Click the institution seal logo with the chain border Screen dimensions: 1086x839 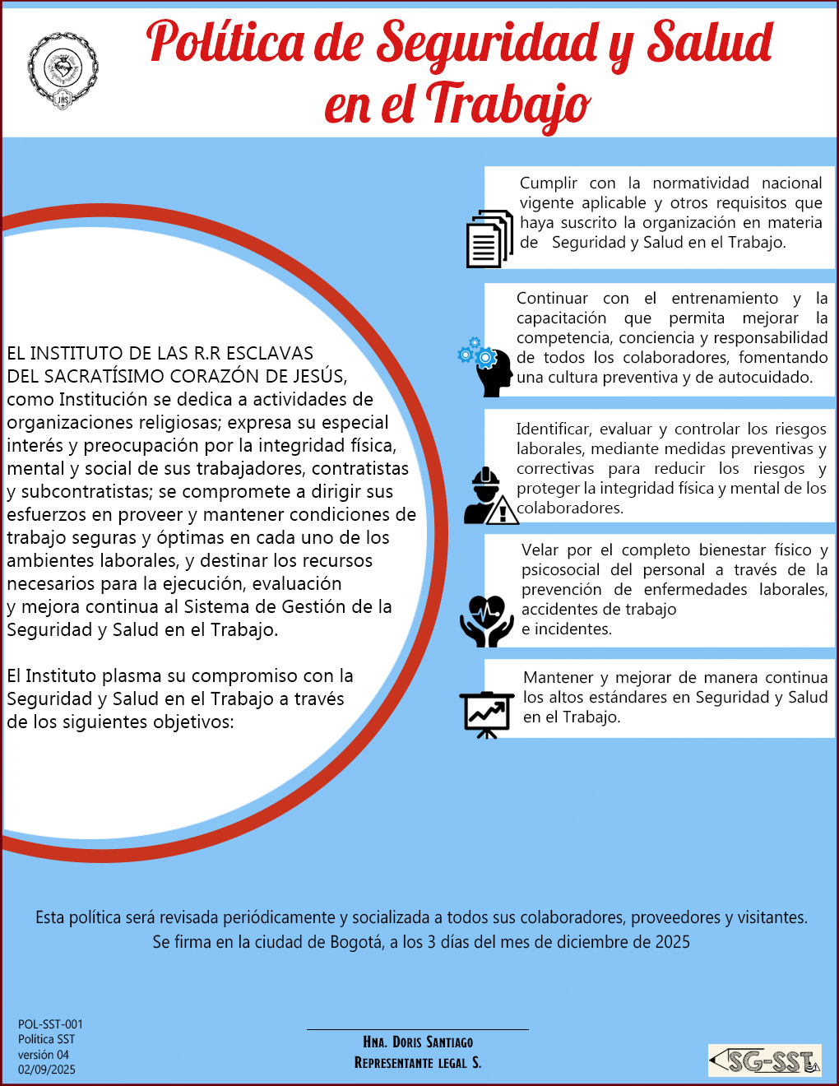pyautogui.click(x=63, y=71)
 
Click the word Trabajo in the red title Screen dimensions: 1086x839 pyautogui.click(x=508, y=105)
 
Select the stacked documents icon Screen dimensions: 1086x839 pyautogui.click(x=489, y=239)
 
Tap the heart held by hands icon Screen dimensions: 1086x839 pyautogui.click(x=487, y=621)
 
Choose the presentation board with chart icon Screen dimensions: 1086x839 pyautogui.click(x=486, y=714)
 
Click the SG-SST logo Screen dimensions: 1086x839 pyautogui.click(x=765, y=1060)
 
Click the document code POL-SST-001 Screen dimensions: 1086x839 pyautogui.click(x=50, y=1024)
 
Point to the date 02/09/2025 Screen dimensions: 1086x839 pyautogui.click(x=47, y=1070)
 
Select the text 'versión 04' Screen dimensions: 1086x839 pyautogui.click(x=44, y=1055)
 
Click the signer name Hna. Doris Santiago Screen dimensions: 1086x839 pyautogui.click(x=418, y=1042)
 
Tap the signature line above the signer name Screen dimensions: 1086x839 pyautogui.click(x=418, y=1029)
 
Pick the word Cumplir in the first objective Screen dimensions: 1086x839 pyautogui.click(x=549, y=183)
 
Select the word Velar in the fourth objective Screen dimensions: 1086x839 pyautogui.click(x=540, y=550)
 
